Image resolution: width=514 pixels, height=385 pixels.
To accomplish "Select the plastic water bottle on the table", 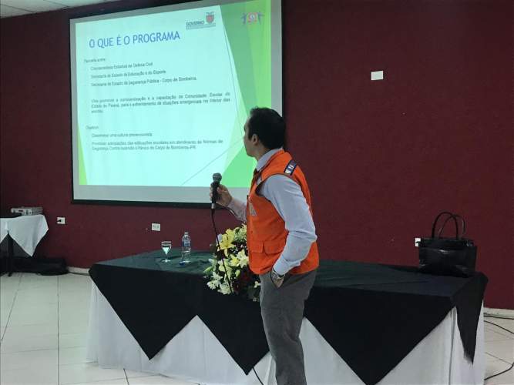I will [186, 246].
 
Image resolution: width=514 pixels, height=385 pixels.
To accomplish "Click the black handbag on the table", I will [447, 250].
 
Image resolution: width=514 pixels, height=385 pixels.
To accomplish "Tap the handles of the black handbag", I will [448, 225].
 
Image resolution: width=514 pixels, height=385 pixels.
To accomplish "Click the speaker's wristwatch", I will [277, 275].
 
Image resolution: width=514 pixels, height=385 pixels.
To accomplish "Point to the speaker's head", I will [264, 129].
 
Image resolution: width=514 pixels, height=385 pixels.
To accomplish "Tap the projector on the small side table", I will [26, 210].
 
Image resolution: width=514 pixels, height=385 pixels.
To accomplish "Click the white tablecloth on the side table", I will [24, 231].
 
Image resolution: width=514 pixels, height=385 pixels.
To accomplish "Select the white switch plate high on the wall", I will [377, 75].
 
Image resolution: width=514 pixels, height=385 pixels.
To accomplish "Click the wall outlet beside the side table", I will [61, 221].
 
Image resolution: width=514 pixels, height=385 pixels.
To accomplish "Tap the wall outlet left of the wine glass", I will [156, 227].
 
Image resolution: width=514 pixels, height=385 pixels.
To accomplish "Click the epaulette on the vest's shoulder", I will [291, 167].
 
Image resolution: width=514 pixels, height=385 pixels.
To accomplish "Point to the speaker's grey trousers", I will [284, 323].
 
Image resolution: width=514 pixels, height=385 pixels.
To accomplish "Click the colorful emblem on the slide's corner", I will [252, 18].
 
